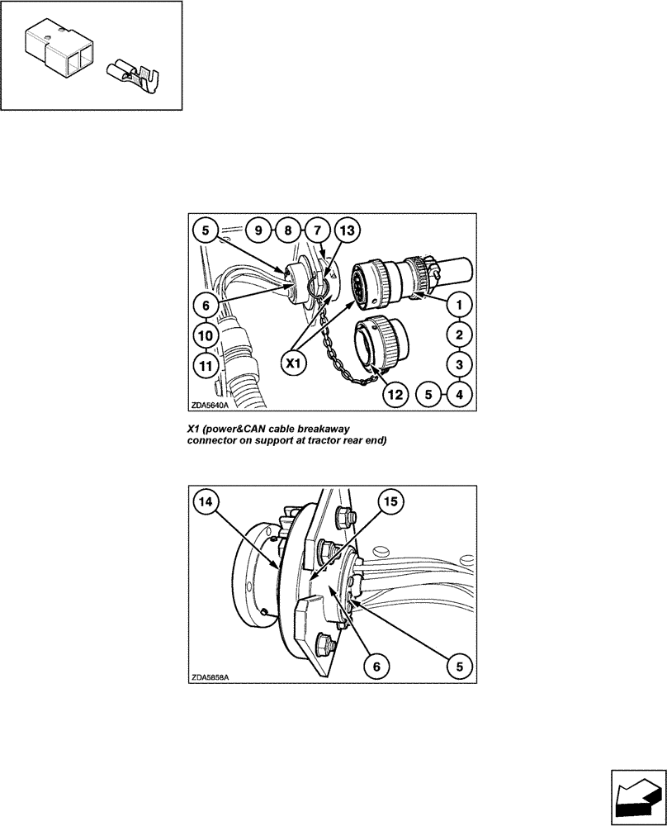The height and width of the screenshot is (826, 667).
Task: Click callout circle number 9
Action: pos(258,231)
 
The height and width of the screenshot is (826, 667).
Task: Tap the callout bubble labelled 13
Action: pos(347,231)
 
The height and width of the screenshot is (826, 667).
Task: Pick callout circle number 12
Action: pos(396,395)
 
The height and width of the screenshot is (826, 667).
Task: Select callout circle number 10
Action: pos(207,335)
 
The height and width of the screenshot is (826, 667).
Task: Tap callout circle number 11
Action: pos(207,364)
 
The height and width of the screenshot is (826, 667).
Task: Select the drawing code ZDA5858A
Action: pos(210,676)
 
